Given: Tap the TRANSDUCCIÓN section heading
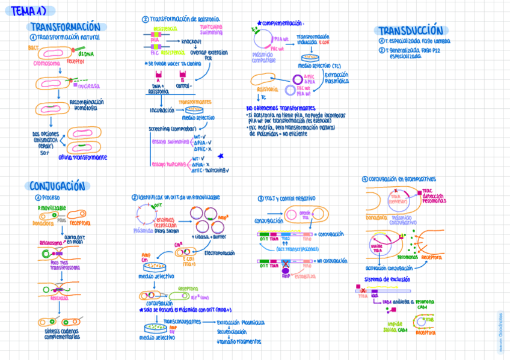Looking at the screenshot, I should tap(411, 31).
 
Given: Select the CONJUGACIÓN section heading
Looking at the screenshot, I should tap(58, 186).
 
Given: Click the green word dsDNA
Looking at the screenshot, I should tap(85, 54).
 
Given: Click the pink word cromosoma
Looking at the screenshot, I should tap(46, 63).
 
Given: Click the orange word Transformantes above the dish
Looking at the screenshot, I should tap(195, 103).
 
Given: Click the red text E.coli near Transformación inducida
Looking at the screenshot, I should tap(324, 43).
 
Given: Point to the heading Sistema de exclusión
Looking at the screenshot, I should tap(387, 279).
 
